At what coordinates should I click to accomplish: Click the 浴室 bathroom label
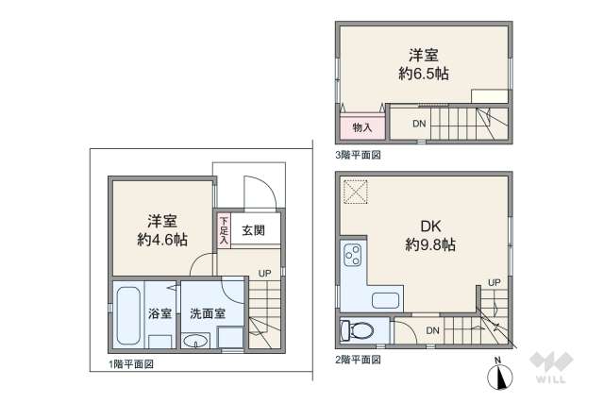159,313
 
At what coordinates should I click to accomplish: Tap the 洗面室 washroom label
207,313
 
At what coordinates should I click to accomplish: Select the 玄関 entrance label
253,229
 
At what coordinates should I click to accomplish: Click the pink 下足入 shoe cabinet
225,229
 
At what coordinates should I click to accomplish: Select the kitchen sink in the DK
388,301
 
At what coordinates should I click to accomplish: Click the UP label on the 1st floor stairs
265,274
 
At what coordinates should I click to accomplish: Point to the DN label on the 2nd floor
431,329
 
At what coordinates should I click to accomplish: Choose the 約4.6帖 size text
158,240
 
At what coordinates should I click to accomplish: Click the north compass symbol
498,376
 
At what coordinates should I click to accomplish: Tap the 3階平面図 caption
357,154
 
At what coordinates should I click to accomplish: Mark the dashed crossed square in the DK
356,192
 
